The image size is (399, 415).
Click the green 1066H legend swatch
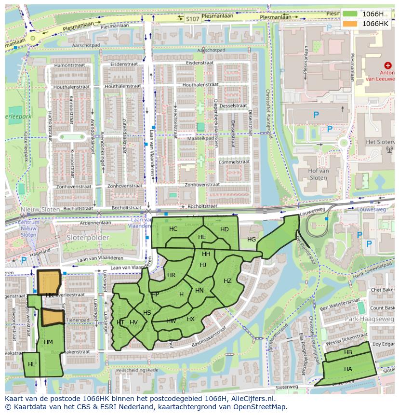350,14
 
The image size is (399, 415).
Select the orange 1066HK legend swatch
350,24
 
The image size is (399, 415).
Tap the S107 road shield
193,19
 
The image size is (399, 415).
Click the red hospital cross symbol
388,65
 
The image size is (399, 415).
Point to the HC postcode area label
173,229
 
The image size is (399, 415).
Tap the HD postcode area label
225,229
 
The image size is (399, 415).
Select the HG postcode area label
252,240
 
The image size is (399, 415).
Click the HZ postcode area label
227,281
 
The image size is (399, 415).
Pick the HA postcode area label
348,369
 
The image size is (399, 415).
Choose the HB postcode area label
348,353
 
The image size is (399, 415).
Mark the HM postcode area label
48,342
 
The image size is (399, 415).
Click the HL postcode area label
32,364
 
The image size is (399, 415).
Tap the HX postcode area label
190,319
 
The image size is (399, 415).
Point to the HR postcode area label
171,275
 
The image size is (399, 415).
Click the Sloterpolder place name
89,238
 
